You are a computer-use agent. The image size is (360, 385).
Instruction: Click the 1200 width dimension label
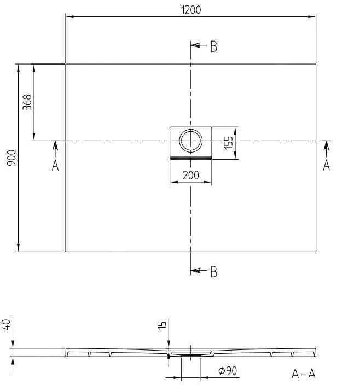point(191,10)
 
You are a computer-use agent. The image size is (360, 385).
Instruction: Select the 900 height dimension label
point(12,158)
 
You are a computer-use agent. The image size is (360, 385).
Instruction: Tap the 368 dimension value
point(27,102)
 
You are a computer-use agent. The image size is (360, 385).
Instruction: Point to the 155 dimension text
point(228,143)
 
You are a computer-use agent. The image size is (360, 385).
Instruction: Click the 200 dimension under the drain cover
point(191,176)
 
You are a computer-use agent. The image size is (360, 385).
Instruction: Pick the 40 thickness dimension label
point(6,325)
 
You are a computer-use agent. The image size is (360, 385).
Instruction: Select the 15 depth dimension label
point(162,325)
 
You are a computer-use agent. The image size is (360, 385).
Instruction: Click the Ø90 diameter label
point(228,371)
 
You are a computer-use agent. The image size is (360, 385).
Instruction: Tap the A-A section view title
point(304,374)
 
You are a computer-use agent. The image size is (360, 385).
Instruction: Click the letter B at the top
point(214,46)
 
